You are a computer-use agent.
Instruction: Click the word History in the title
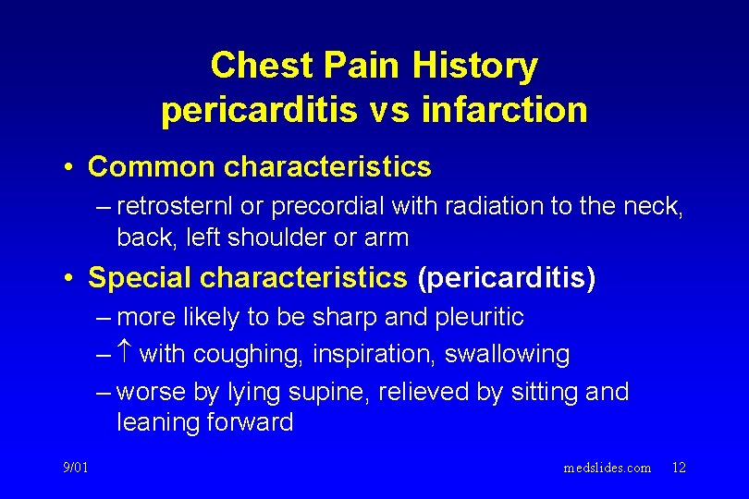coord(474,67)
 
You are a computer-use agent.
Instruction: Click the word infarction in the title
coord(504,110)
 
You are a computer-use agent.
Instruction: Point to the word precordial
coord(305,208)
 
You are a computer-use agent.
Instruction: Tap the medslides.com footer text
coord(607,468)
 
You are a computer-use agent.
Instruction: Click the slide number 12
coord(679,468)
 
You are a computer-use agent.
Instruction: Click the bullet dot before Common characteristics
coord(69,168)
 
